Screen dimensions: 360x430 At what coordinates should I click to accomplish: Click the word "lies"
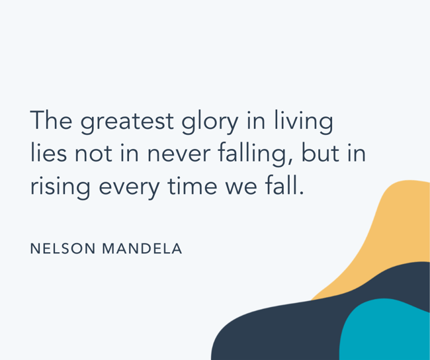[48, 153]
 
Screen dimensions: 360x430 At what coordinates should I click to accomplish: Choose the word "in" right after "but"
[356, 153]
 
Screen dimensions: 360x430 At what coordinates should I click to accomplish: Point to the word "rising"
[61, 187]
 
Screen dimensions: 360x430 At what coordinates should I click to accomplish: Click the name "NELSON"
[63, 249]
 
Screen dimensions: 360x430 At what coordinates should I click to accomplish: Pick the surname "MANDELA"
[142, 249]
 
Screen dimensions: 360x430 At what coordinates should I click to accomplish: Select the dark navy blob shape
[278, 331]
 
